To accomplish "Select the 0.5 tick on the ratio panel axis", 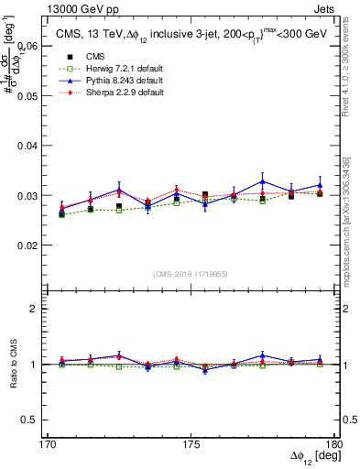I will pos(31,420).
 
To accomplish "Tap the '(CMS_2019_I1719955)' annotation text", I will pos(190,274).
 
